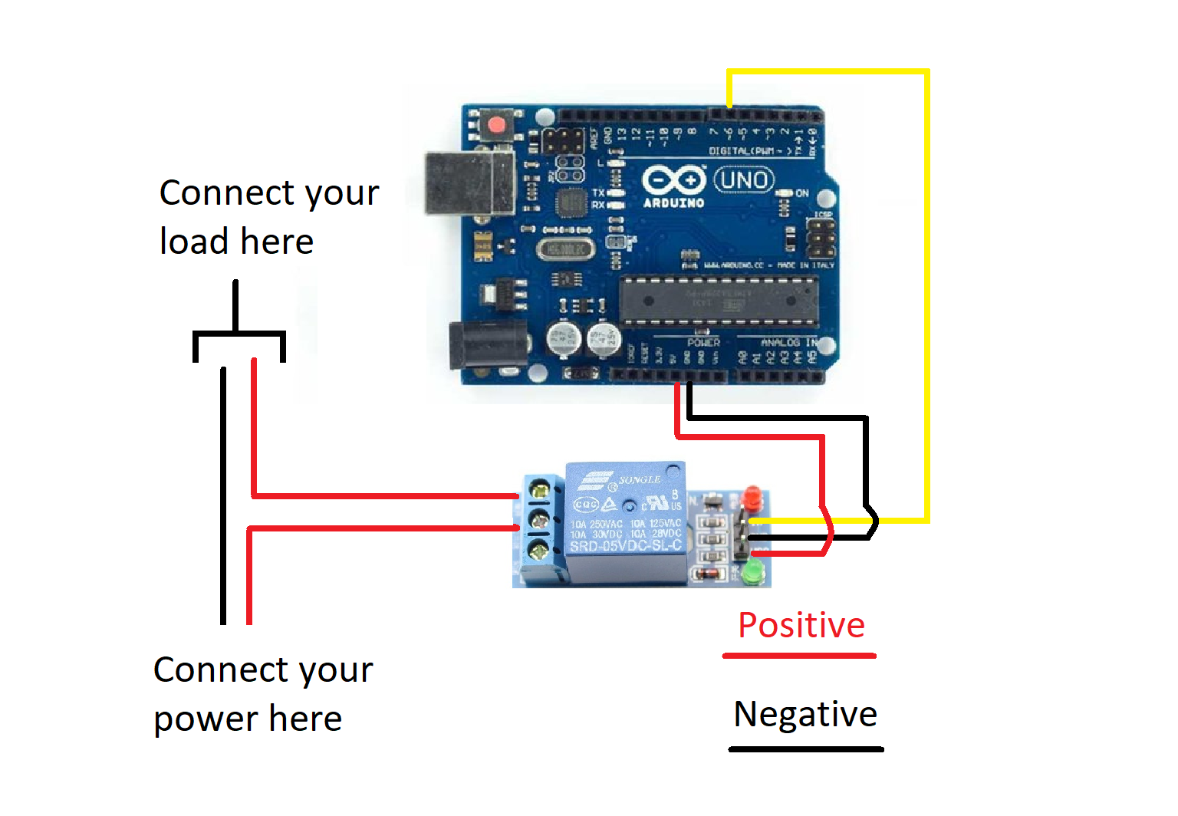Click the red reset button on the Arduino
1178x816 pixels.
click(x=497, y=125)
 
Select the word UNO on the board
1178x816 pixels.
click(x=744, y=180)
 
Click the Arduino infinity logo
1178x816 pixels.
click(x=673, y=181)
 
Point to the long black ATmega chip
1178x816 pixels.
click(x=718, y=301)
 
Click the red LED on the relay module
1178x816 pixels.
click(x=753, y=499)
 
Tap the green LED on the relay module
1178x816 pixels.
click(x=753, y=571)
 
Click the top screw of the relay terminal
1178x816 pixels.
click(x=540, y=489)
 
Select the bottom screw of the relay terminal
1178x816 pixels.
click(x=540, y=550)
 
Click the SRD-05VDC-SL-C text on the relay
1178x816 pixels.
click(x=625, y=546)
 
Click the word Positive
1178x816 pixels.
click(x=801, y=625)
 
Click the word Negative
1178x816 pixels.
click(x=805, y=714)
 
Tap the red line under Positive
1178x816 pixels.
click(x=799, y=656)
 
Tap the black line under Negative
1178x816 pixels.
click(x=806, y=749)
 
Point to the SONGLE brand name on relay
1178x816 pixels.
click(x=640, y=479)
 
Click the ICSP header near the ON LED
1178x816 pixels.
click(x=821, y=238)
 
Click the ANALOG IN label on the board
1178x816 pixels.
click(x=788, y=342)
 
